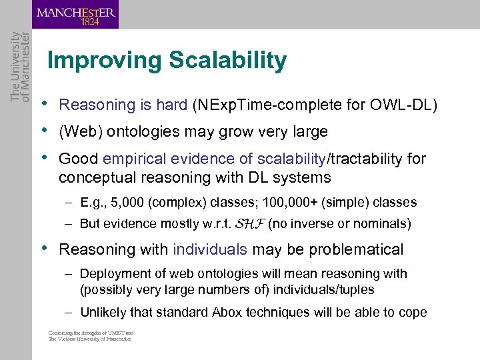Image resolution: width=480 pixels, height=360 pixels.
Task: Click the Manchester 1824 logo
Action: click(x=75, y=15)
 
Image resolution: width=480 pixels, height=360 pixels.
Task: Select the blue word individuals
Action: click(x=210, y=249)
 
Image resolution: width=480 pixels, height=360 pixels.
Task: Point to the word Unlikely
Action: click(x=103, y=312)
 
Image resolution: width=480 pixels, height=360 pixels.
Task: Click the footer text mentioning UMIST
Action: click(x=91, y=335)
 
